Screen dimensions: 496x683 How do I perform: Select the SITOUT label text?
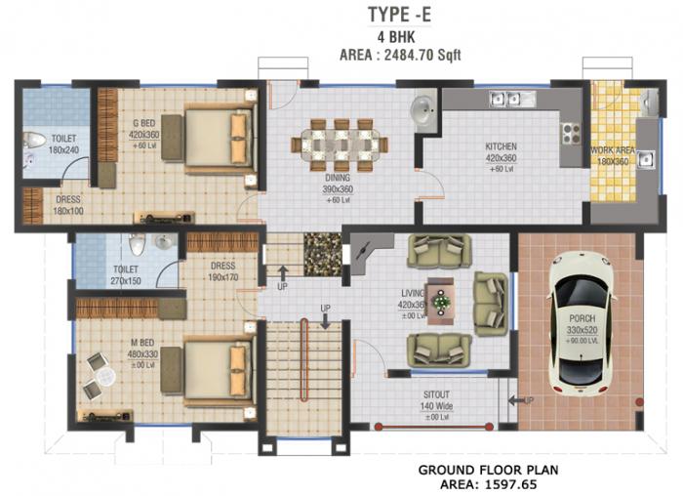pos(435,394)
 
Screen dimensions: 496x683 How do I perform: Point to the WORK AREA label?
pos(612,151)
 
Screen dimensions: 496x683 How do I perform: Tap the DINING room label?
pos(338,179)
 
